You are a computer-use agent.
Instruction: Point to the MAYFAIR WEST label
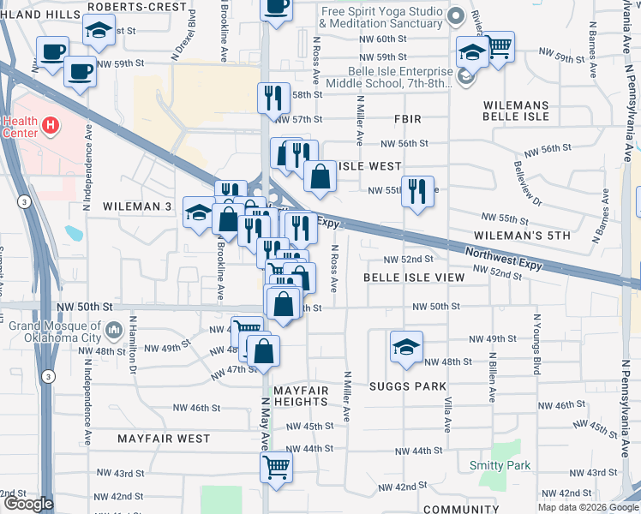coord(164,439)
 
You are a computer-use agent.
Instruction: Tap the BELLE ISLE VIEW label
coord(414,278)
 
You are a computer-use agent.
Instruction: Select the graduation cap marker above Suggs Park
coord(406,345)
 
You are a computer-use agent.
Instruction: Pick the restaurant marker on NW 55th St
coord(417,190)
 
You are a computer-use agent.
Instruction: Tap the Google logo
coord(28,504)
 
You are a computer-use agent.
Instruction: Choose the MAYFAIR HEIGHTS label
coord(301,396)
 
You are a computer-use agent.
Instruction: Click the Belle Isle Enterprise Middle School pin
coord(465,77)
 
